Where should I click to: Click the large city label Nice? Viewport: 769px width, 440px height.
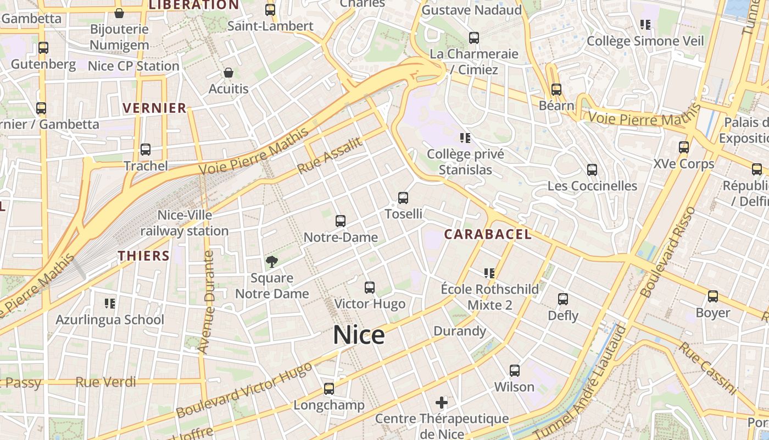tap(359, 335)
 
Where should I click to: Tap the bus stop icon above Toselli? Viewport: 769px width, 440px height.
tap(403, 198)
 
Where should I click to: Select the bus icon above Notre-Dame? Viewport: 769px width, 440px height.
tap(341, 221)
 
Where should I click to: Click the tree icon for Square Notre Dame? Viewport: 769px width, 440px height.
tap(271, 261)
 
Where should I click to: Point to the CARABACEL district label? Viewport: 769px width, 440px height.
tap(488, 234)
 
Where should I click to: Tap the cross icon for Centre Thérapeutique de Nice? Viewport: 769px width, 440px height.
tap(442, 403)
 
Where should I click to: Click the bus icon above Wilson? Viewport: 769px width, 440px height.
tap(515, 371)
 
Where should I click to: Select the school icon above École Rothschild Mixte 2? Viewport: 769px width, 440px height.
tap(489, 273)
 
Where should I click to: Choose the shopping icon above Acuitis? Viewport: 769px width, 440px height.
tap(229, 73)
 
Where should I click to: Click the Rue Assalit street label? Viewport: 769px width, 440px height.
tap(330, 156)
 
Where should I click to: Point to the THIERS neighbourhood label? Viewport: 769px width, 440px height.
tap(144, 256)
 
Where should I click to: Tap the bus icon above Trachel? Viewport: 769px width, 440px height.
tap(146, 150)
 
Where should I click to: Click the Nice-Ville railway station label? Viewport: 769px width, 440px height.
tap(185, 223)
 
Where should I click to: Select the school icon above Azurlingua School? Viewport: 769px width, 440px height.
tap(110, 304)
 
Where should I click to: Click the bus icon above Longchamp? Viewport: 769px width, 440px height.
tap(329, 389)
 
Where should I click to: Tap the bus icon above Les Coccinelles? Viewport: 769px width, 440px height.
tap(592, 170)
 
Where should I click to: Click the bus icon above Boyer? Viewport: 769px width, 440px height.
tap(713, 296)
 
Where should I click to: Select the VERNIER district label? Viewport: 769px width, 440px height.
tap(155, 108)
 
